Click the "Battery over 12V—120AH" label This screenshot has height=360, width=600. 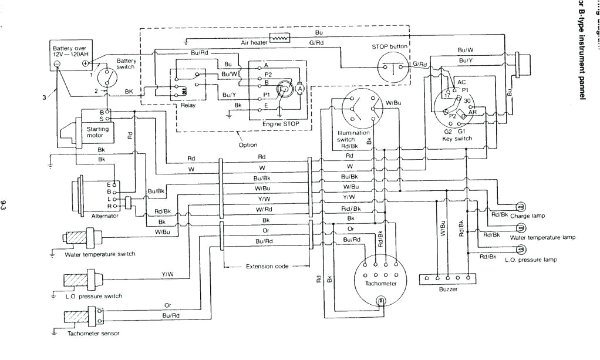click(x=70, y=51)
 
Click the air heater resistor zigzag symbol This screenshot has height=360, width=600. click(x=281, y=39)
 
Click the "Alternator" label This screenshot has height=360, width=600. click(x=105, y=216)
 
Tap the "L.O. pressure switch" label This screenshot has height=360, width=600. click(x=93, y=296)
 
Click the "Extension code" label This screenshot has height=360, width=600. click(x=267, y=266)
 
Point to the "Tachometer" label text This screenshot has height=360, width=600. click(x=380, y=284)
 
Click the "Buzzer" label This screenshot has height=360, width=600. click(x=447, y=289)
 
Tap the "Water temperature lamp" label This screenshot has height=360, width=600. click(x=542, y=238)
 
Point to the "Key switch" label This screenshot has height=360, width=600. click(x=456, y=139)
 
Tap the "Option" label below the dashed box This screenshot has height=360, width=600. click(x=248, y=144)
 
